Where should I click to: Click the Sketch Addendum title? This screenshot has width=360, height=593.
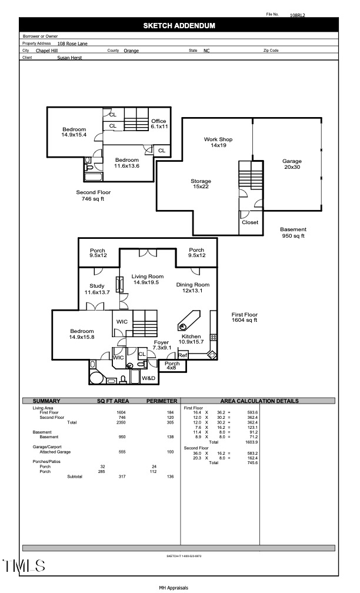click(x=179, y=26)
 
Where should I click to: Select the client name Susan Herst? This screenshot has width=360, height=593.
click(x=69, y=58)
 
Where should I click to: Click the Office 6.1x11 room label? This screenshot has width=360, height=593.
click(x=159, y=124)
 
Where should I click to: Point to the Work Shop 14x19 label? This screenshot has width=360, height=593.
click(x=218, y=142)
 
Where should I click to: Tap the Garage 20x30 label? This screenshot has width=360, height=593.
click(x=292, y=164)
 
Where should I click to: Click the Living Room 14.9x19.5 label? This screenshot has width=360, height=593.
click(x=147, y=279)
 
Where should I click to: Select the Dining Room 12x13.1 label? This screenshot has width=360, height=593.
click(x=193, y=288)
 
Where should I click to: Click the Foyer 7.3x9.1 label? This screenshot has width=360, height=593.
click(x=161, y=345)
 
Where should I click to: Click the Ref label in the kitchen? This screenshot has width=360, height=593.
click(x=182, y=355)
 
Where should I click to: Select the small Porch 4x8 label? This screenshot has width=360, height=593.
click(x=172, y=366)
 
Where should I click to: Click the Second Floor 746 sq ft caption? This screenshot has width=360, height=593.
click(x=93, y=196)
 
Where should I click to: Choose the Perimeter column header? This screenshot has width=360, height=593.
click(x=161, y=401)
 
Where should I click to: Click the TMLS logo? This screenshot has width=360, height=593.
click(x=24, y=567)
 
